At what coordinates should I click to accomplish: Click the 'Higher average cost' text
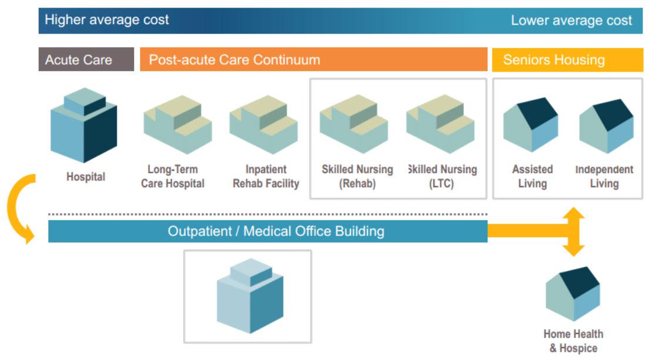click(107, 20)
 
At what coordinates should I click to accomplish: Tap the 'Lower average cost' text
click(571, 21)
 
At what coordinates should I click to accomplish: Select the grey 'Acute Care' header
click(86, 59)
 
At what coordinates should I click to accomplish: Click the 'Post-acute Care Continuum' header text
click(235, 60)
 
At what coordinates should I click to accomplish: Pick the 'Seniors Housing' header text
click(554, 60)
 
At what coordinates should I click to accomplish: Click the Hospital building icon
click(83, 125)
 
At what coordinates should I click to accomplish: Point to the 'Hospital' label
click(86, 177)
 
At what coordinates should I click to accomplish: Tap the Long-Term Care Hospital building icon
click(178, 125)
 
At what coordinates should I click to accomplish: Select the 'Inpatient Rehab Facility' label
click(266, 176)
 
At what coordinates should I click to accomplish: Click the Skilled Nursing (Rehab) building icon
click(354, 124)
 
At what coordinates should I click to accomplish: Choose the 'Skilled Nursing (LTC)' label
click(442, 176)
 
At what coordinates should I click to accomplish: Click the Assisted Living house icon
click(530, 125)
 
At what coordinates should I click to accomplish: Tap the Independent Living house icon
click(606, 126)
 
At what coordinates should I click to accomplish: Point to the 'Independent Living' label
click(604, 176)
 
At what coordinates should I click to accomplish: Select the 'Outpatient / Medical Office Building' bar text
click(276, 231)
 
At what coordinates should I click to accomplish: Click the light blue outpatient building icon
click(250, 295)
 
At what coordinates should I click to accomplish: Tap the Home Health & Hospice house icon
click(573, 294)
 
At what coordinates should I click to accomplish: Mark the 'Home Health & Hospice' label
click(573, 341)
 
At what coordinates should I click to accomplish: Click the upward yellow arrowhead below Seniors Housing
click(574, 213)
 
